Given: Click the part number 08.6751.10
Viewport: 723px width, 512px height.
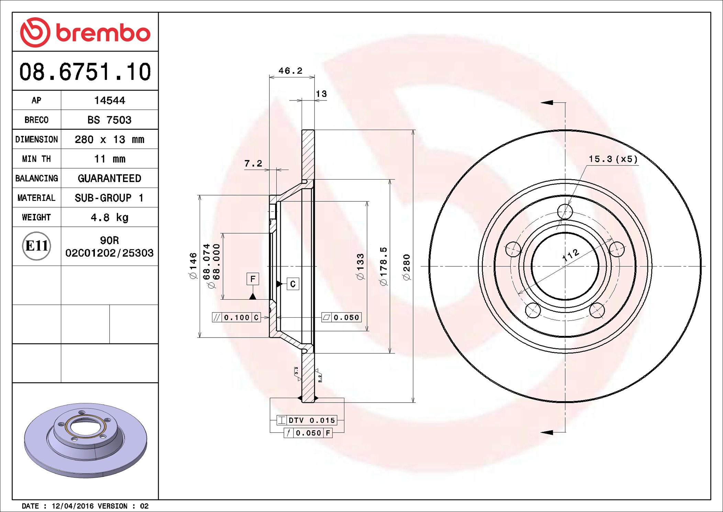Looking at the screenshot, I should (85, 72).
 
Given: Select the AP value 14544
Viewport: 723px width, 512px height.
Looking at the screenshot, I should (109, 100).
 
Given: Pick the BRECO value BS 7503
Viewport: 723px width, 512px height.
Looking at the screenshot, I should (109, 120).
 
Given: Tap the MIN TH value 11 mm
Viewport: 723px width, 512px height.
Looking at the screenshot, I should (109, 159).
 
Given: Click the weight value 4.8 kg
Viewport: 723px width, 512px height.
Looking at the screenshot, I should (109, 217).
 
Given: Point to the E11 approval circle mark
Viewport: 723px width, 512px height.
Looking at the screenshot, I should (36, 246).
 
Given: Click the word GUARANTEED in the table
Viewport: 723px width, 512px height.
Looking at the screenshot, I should (109, 178).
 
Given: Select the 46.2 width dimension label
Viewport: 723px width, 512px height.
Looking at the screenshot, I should (290, 71).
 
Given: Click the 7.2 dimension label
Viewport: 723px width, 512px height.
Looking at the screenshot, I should (253, 163).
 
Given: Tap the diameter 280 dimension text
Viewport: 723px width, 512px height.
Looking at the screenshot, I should (407, 267).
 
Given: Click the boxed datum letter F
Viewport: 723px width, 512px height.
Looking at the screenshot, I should (253, 279).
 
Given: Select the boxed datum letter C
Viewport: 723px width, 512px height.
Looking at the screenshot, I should (293, 284).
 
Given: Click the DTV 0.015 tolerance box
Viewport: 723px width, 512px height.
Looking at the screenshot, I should (307, 420).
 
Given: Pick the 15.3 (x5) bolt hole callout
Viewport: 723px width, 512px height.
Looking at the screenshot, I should (613, 159).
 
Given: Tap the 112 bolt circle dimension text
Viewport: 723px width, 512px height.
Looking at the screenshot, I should (570, 255).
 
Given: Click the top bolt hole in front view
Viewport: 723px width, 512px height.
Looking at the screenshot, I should (565, 211).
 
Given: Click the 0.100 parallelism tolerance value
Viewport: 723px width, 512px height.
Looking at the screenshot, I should (236, 317).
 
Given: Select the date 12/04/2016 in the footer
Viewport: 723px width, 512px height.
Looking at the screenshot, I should (73, 506).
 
